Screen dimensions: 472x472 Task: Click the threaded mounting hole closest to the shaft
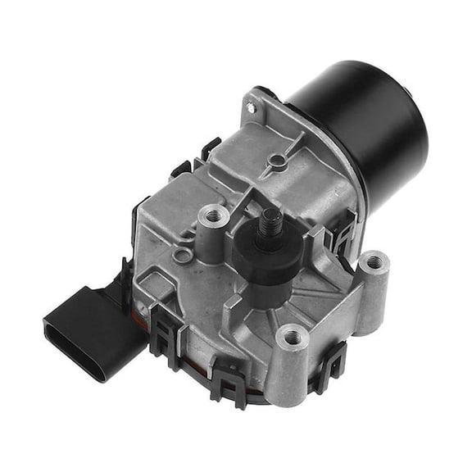click(x=216, y=216)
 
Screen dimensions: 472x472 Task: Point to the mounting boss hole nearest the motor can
click(x=374, y=263)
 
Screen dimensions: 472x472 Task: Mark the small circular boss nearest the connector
click(x=183, y=256)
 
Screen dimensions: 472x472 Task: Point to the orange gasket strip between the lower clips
click(x=197, y=361)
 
